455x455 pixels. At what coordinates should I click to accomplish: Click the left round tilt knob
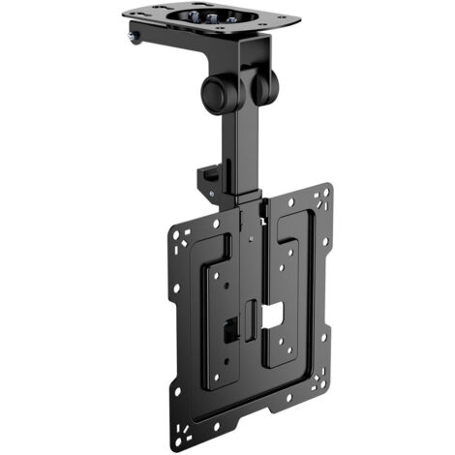click(215, 94)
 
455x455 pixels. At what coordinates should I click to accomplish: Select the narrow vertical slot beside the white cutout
click(251, 318)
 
